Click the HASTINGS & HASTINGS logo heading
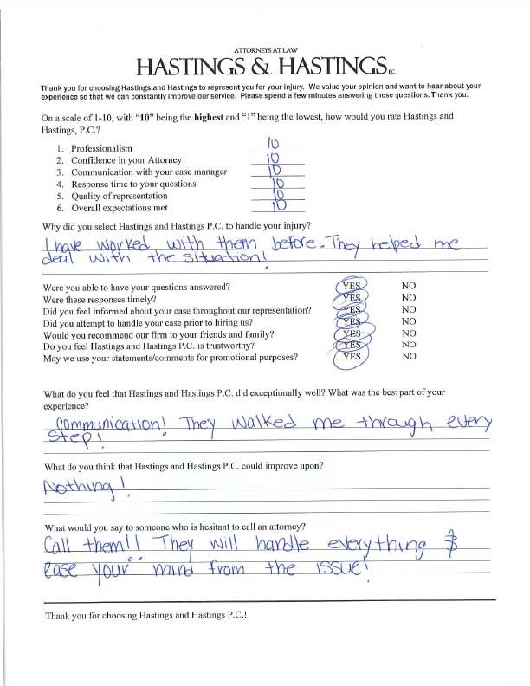(x=261, y=67)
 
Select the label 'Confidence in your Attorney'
(x=127, y=161)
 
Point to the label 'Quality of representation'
(x=122, y=197)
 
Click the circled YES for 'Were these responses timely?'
(x=352, y=297)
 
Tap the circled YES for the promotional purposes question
(x=352, y=356)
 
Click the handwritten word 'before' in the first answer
(x=299, y=246)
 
